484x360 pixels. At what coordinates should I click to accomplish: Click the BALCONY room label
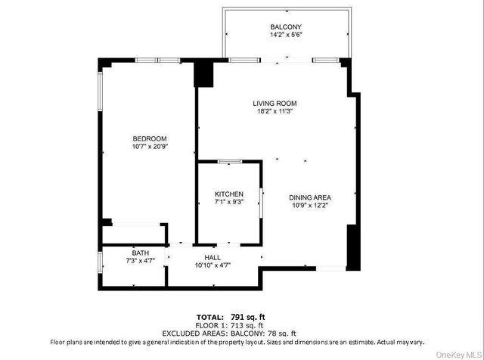[x=287, y=26]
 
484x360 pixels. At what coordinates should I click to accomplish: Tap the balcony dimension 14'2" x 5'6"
[x=287, y=35]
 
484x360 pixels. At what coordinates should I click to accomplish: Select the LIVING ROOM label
[x=275, y=103]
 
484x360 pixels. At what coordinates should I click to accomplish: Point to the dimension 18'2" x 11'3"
[x=275, y=112]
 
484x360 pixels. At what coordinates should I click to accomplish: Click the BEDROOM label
[x=149, y=138]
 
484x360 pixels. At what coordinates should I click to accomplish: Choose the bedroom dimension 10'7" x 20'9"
[x=149, y=147]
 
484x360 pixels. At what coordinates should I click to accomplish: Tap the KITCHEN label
[x=229, y=195]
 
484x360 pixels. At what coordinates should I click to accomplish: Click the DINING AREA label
[x=310, y=198]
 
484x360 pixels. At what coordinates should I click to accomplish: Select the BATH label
[x=141, y=253]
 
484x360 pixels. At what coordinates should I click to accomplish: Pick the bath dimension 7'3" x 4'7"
[x=141, y=261]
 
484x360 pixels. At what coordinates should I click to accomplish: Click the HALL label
[x=213, y=258]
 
